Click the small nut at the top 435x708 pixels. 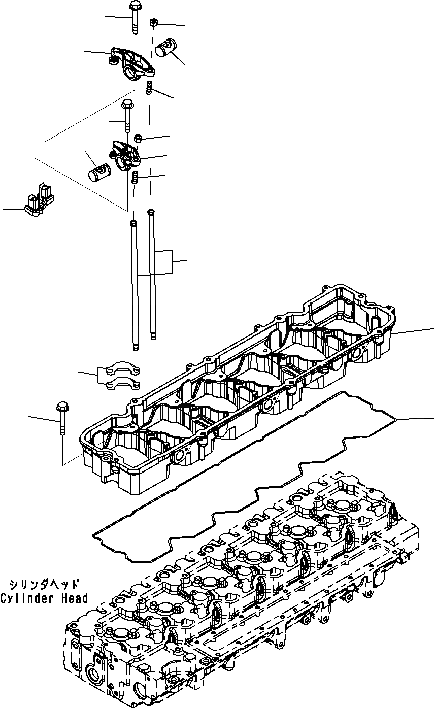(153, 22)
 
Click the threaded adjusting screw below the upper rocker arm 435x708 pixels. (149, 87)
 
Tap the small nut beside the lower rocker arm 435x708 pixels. (138, 138)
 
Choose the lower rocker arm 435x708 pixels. (124, 155)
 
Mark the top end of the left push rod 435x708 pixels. (133, 223)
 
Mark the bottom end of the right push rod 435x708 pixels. (153, 338)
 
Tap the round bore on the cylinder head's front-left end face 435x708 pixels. (95, 662)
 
